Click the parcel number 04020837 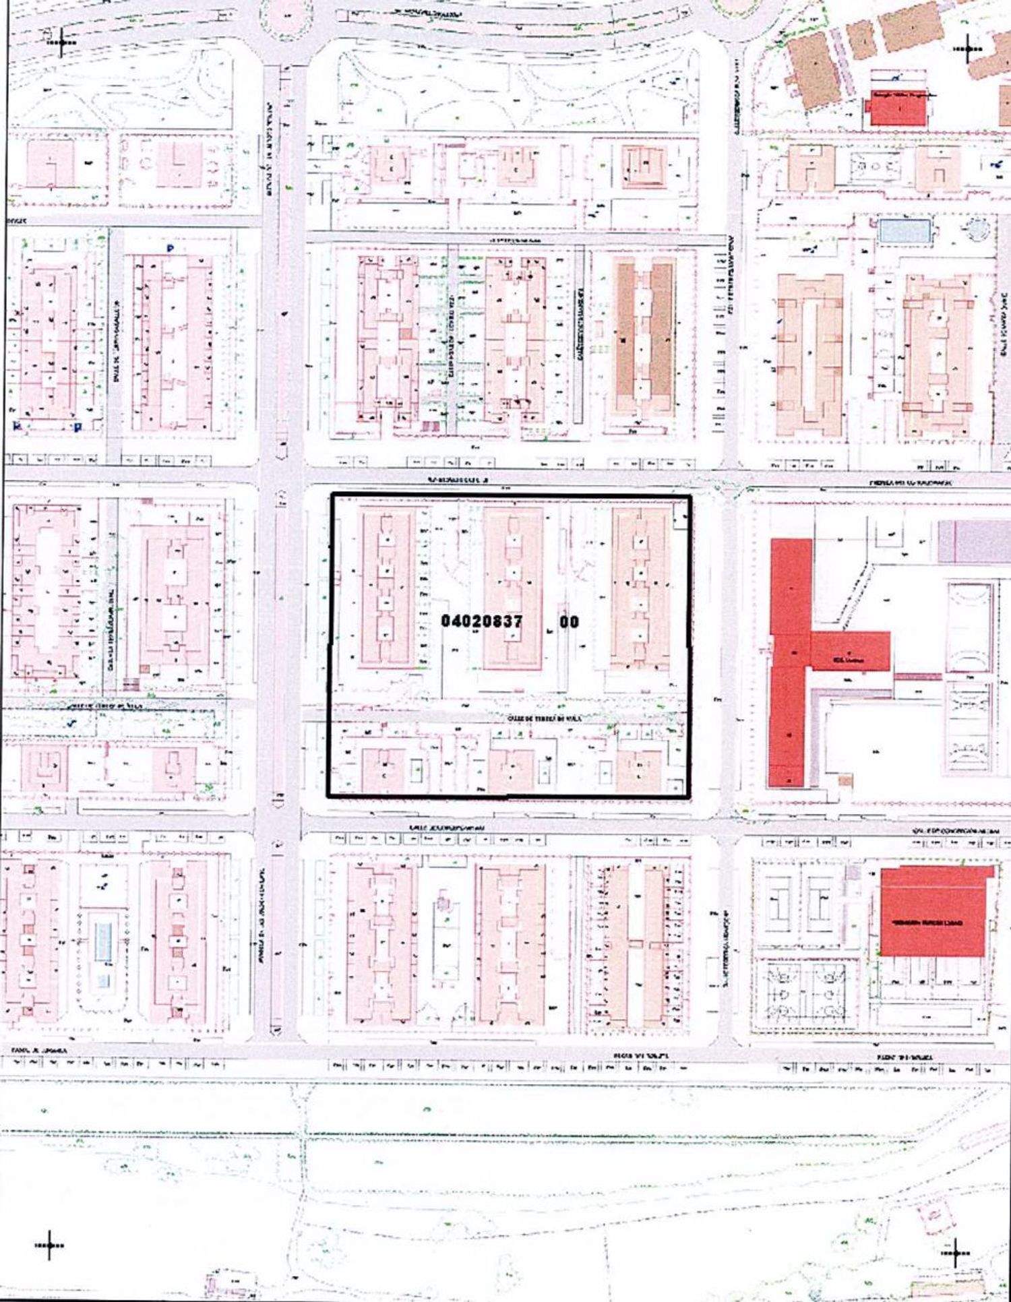(x=481, y=621)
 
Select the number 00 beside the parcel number (x=569, y=621)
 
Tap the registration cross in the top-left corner (x=62, y=42)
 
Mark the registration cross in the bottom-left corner (x=49, y=1245)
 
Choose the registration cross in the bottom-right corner (x=954, y=1252)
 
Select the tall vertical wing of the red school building (x=790, y=660)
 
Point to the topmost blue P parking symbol (x=170, y=249)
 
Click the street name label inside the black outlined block (x=544, y=719)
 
